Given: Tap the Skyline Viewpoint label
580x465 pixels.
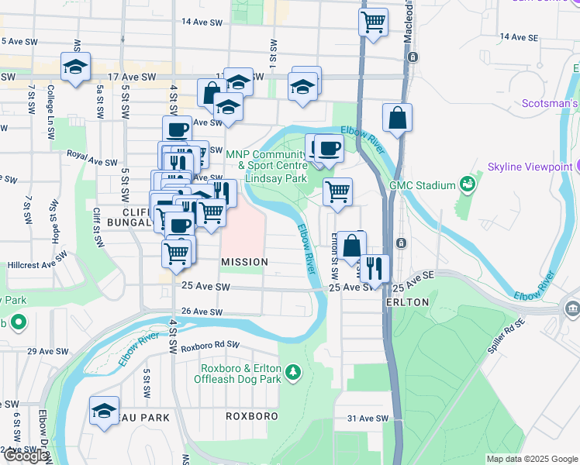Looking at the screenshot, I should (529, 167).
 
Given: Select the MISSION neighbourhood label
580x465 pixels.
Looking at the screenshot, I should (244, 263).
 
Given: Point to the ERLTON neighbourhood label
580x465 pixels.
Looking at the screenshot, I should (406, 302).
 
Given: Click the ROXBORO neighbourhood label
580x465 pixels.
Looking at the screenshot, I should (251, 416).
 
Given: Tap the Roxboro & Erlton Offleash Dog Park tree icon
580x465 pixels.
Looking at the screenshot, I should (293, 374).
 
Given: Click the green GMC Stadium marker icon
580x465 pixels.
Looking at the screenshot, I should (468, 184).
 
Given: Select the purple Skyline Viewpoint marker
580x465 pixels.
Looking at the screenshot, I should (576, 166).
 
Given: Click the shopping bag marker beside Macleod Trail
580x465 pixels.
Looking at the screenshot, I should (397, 119).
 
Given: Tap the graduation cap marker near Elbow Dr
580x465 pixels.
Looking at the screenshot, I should (104, 412).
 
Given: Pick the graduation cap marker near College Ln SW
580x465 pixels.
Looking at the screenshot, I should (76, 67).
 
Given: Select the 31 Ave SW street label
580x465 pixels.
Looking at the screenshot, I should (367, 418).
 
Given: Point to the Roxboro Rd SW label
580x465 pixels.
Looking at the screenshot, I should (210, 346).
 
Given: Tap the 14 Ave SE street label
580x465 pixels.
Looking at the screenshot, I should (519, 36).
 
